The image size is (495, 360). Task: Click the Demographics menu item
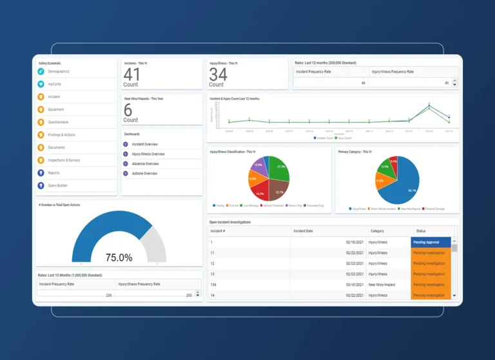[x=59, y=72]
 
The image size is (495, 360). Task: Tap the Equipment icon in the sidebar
[x=41, y=110]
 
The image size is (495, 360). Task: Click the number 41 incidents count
[x=131, y=74]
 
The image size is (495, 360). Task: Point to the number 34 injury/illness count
[x=218, y=74]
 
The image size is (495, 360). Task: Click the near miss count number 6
[x=128, y=110]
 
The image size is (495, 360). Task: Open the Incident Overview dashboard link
[x=144, y=145]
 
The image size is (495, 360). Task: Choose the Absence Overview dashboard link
[x=145, y=164]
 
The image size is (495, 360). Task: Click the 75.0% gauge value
[x=119, y=257]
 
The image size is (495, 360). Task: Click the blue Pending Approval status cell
[x=430, y=243]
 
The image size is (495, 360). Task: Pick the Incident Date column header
[x=303, y=231]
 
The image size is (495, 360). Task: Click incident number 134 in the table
[x=213, y=285]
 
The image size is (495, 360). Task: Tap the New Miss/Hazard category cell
[x=383, y=285]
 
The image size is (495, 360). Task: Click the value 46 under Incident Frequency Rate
[x=363, y=83]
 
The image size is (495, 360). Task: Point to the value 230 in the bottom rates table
[x=108, y=295]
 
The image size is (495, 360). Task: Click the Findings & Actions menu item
[x=61, y=135]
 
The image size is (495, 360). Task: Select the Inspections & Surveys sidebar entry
[x=64, y=160]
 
